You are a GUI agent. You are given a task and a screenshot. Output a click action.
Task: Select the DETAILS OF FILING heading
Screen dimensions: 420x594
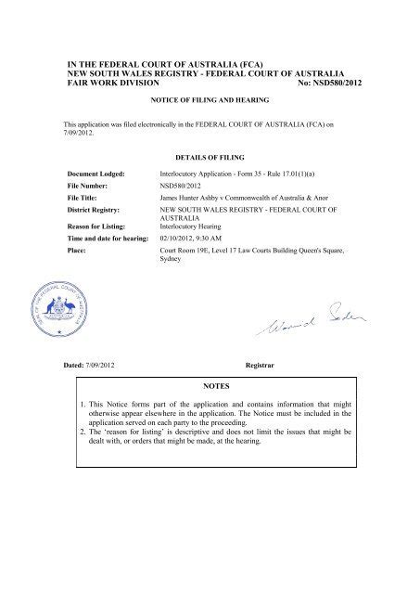[x=209, y=157]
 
